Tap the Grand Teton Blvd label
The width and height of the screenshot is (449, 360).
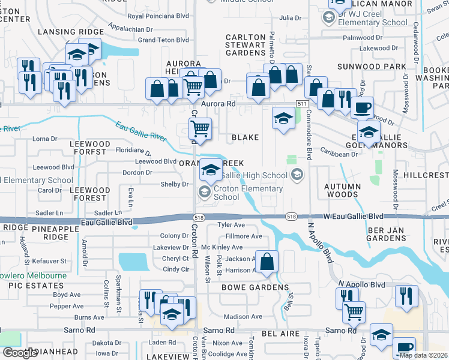click(163, 40)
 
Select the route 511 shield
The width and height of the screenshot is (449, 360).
click(301, 104)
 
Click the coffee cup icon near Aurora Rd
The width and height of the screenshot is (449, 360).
click(362, 109)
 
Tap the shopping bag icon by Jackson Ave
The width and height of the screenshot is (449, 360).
click(268, 262)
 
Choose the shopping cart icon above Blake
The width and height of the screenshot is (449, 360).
click(200, 128)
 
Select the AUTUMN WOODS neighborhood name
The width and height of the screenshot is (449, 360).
click(342, 190)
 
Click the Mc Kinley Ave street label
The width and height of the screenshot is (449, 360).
click(221, 247)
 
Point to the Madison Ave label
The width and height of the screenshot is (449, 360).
click(243, 317)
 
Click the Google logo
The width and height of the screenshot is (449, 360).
click(20, 353)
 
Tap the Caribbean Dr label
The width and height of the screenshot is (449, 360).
click(339, 154)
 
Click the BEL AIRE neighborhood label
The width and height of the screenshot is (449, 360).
click(277, 332)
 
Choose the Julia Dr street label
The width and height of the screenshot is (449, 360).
click(290, 18)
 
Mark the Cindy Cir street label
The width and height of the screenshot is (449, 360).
click(176, 269)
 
